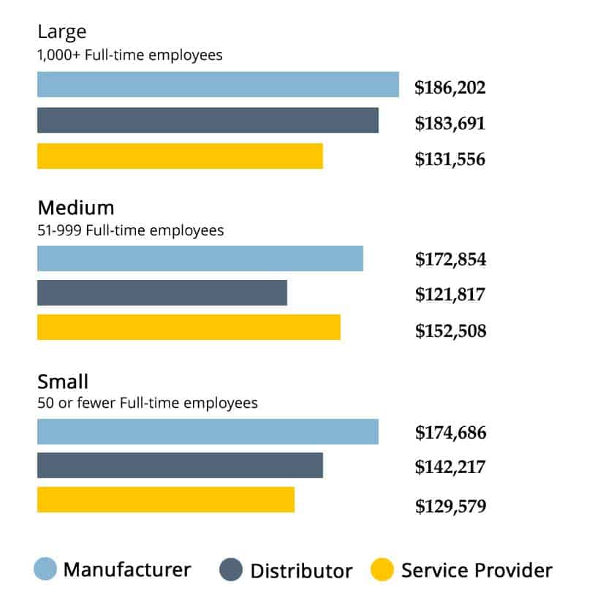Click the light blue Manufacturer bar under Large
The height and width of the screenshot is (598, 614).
pos(218,84)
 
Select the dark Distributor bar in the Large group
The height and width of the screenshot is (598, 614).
pos(208,120)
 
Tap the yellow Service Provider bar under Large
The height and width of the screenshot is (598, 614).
pos(180,156)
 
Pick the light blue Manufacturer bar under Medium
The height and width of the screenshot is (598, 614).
pos(200,259)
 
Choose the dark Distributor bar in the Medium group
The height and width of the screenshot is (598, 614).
pos(162,292)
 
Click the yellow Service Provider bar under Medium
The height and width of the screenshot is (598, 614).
pos(189,327)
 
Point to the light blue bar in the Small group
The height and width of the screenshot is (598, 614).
pos(208,431)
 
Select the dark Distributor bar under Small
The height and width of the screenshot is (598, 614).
pos(180,465)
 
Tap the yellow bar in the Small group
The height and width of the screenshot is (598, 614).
pos(166,500)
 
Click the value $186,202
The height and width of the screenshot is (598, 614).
pos(450,87)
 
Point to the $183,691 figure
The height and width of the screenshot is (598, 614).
pos(450,124)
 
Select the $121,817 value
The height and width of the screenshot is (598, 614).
pos(450,295)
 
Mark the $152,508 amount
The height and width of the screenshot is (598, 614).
pos(451,331)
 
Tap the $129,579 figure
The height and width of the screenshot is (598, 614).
pos(451,506)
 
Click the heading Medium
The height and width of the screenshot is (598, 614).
pos(76,208)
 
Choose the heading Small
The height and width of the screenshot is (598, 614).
pos(63,382)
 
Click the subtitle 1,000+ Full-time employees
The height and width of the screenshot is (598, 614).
pos(129,55)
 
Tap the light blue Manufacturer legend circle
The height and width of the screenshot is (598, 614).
pos(45,569)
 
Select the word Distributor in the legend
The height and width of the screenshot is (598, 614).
pos(301,571)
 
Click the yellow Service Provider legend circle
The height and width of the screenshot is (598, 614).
pos(382,569)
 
